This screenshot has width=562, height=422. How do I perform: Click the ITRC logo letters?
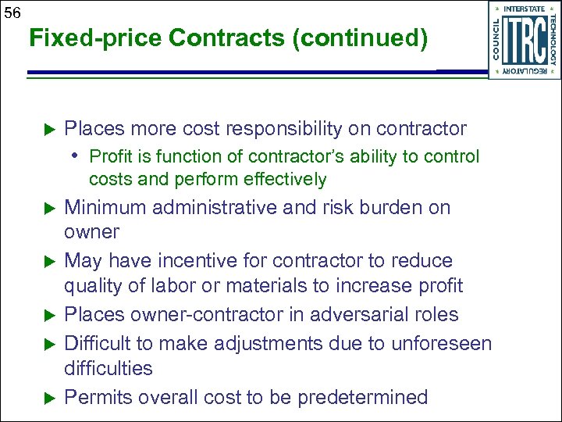point(524,41)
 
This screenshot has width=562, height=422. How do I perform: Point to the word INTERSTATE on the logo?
point(524,9)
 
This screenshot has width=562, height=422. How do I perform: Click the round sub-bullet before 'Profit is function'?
point(79,156)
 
